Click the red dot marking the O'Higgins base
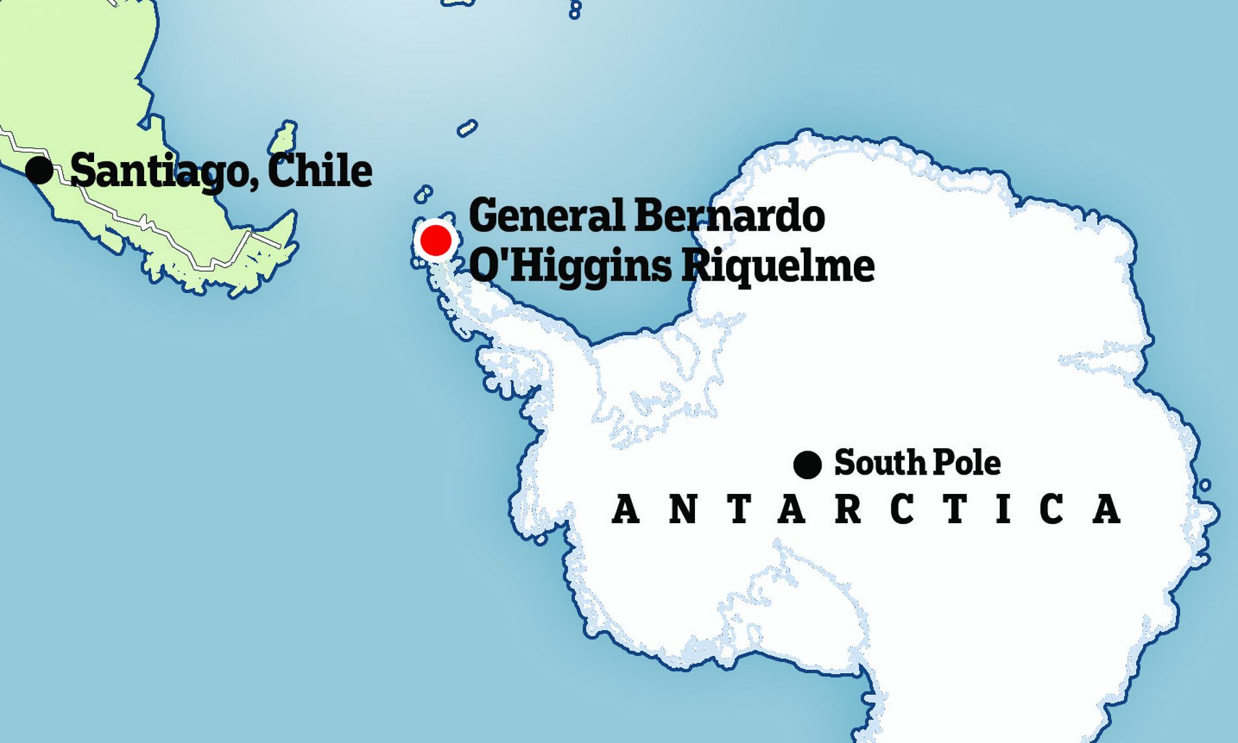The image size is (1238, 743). [x=435, y=241]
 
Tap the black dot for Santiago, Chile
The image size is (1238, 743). [x=40, y=170]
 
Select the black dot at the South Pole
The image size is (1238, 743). [x=807, y=465]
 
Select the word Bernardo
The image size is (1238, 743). [x=729, y=216]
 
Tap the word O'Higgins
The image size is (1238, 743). [x=570, y=266]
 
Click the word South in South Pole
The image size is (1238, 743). [x=879, y=462]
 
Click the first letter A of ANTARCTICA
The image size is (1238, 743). [x=625, y=509]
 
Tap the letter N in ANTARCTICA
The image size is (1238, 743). [x=683, y=509]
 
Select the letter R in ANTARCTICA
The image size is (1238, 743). [x=848, y=509]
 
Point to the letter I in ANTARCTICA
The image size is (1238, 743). [x=1004, y=509]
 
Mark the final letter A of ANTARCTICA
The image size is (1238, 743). [x=1107, y=509]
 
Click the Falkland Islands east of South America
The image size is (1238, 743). [x=284, y=137]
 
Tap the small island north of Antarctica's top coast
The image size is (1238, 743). [x=467, y=128]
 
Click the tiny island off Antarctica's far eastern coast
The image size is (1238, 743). [x=1205, y=484]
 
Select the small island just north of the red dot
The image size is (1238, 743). [x=423, y=193]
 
